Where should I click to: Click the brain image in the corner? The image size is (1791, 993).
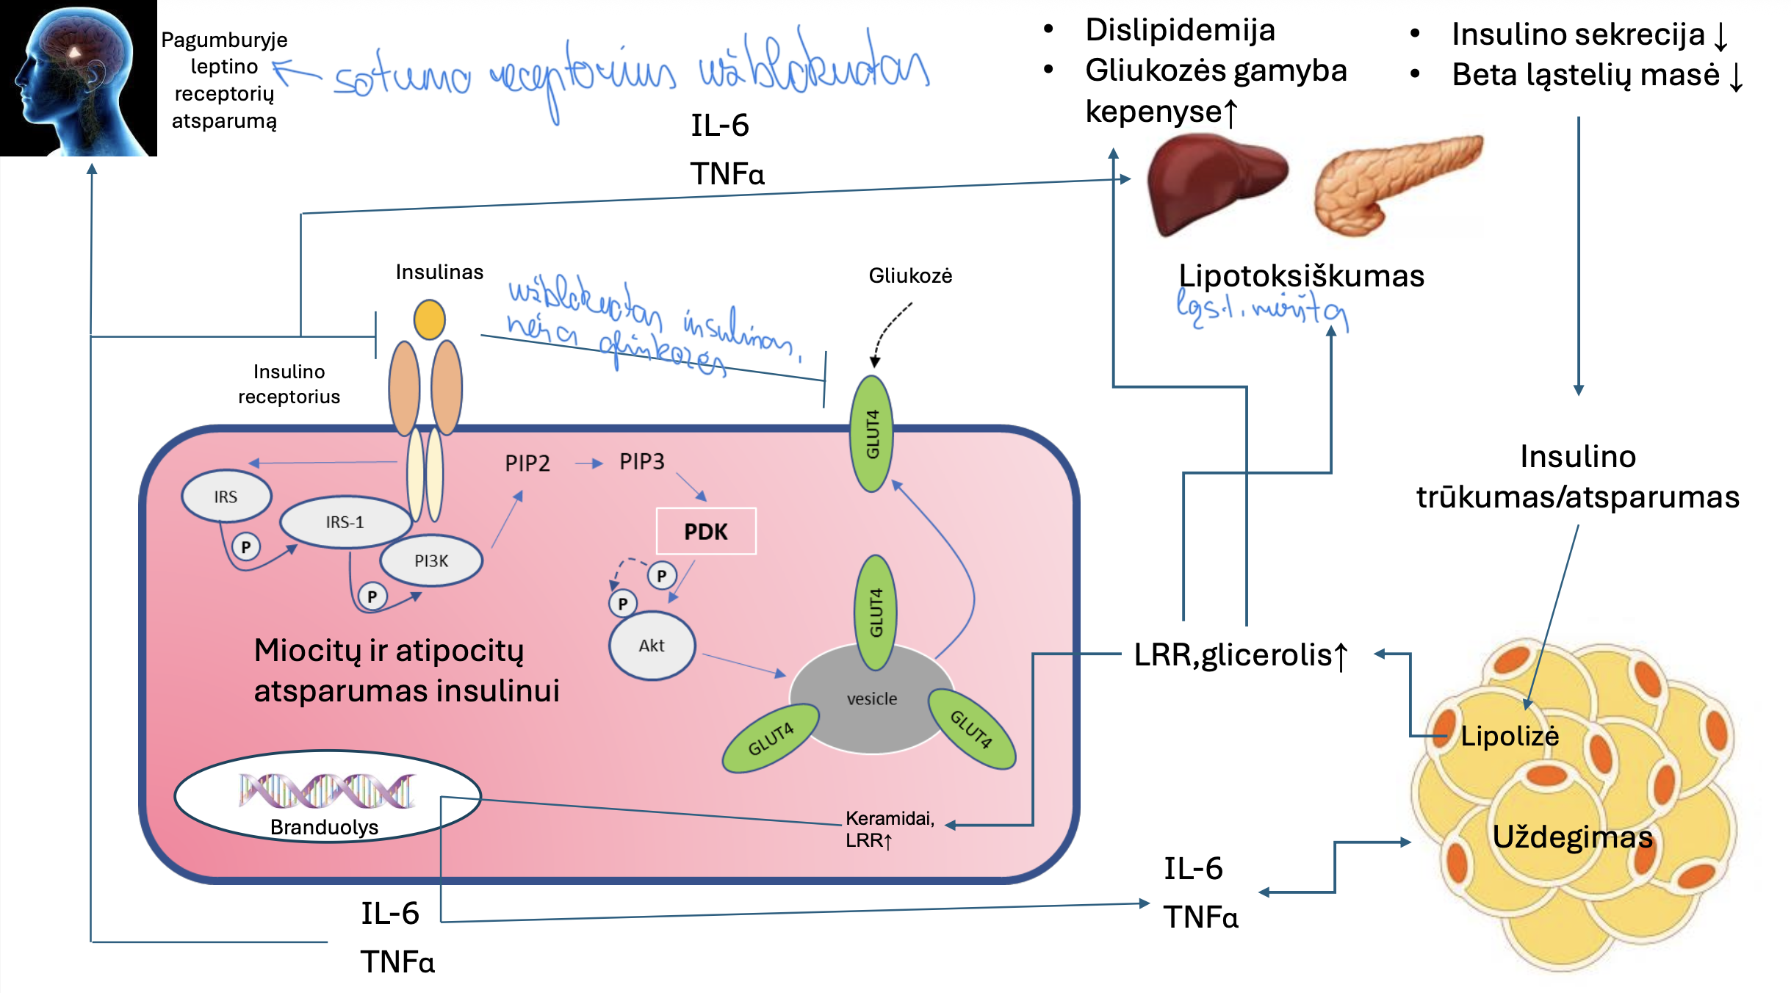(x=78, y=78)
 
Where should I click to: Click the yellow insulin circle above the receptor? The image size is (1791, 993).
(x=429, y=319)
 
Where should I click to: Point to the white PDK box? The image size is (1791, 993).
(x=705, y=531)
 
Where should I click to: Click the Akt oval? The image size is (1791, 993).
(x=652, y=646)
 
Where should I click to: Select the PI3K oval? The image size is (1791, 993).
(x=431, y=560)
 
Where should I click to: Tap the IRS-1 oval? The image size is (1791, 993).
(x=345, y=522)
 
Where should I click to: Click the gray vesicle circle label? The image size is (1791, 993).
(x=871, y=699)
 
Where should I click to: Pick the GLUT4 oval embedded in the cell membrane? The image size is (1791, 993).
(x=872, y=433)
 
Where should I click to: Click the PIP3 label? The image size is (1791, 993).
(x=641, y=461)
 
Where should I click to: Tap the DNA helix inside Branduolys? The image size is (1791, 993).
(x=327, y=791)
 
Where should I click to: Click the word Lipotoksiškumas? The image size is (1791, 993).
(x=1301, y=276)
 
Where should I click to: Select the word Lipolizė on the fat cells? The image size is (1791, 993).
(x=1509, y=736)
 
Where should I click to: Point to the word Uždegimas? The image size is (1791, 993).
(x=1572, y=837)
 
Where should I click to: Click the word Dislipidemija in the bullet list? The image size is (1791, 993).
(x=1180, y=30)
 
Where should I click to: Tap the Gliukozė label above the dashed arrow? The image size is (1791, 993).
(x=910, y=276)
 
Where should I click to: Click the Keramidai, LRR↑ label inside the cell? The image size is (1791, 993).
(x=889, y=828)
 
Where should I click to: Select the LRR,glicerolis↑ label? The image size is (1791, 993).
(x=1240, y=654)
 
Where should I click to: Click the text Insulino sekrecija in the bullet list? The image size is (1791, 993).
(x=1578, y=35)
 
